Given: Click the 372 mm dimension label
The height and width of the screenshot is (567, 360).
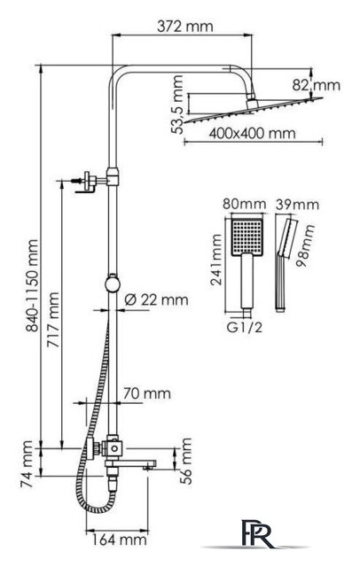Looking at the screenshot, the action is (x=185, y=26).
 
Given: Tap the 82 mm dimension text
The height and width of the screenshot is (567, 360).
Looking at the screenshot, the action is (x=317, y=85).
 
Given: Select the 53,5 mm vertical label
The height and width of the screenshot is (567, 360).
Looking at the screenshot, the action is (x=177, y=105).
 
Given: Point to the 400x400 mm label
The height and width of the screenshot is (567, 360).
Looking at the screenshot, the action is (x=252, y=134).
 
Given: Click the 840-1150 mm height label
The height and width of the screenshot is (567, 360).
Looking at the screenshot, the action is (x=32, y=285).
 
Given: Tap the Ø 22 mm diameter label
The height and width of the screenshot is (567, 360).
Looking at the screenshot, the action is (x=156, y=299).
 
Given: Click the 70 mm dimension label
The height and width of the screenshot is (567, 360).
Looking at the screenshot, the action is (x=146, y=393).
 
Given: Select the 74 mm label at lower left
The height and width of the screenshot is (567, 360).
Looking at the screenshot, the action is (x=27, y=464).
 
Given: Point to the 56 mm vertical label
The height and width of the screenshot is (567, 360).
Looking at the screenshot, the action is (x=185, y=461).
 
